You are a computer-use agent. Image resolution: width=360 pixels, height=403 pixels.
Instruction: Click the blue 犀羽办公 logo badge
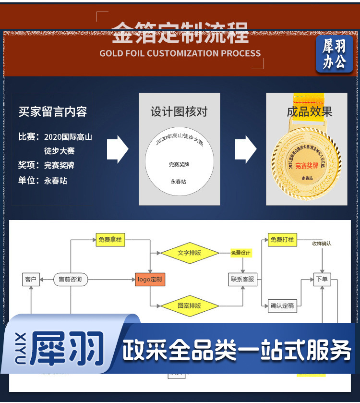[334, 54]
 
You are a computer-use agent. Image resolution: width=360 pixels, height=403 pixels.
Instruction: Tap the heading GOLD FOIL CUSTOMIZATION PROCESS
[180, 53]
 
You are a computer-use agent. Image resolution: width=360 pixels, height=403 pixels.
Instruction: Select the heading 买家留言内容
[53, 112]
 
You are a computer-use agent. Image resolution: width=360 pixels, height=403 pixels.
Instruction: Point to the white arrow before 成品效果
[245, 149]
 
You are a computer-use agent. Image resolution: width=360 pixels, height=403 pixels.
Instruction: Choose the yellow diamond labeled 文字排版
[189, 253]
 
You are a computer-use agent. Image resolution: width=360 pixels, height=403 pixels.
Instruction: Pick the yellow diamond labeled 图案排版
[189, 305]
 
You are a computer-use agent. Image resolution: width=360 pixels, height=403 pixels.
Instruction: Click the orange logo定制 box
[150, 279]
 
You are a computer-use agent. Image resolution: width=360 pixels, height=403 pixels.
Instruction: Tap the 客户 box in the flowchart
[30, 279]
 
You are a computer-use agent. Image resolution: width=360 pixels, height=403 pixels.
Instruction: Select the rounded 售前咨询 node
[70, 279]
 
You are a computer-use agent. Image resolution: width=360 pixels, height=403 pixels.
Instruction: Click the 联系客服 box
[242, 279]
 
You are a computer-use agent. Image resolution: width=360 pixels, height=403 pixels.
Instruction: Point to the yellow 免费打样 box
[282, 240]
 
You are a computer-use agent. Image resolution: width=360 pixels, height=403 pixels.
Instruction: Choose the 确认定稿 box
[282, 305]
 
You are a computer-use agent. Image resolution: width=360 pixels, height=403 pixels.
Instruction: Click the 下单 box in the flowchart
[322, 279]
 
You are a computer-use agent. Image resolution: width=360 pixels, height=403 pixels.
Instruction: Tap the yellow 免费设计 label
[241, 253]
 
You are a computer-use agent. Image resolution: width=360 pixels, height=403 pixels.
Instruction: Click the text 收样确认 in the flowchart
[322, 244]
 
